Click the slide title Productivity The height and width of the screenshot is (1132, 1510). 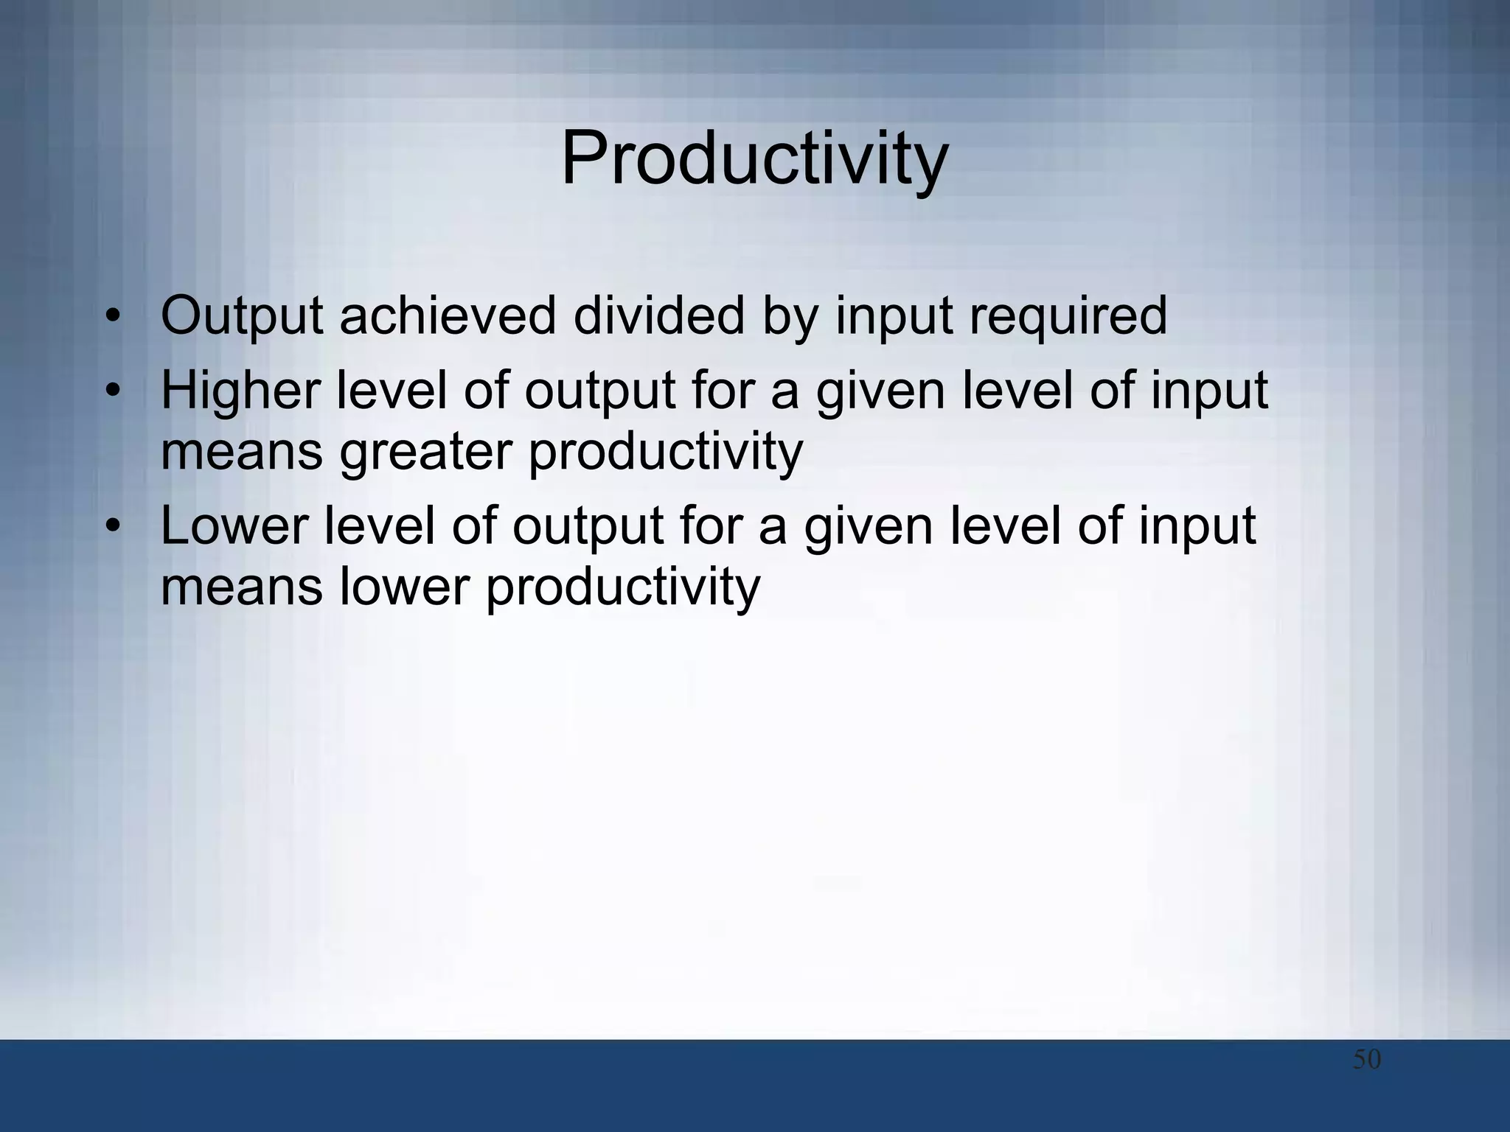pyautogui.click(x=754, y=159)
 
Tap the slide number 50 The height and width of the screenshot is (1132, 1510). pyautogui.click(x=1366, y=1060)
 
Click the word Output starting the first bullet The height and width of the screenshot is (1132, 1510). pyautogui.click(x=241, y=316)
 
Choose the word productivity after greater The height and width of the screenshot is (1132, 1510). pyautogui.click(x=665, y=452)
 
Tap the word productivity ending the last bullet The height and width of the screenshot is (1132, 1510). pyautogui.click(x=622, y=588)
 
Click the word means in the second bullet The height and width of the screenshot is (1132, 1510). pyautogui.click(x=241, y=453)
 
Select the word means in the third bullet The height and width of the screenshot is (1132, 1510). pyautogui.click(x=241, y=588)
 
